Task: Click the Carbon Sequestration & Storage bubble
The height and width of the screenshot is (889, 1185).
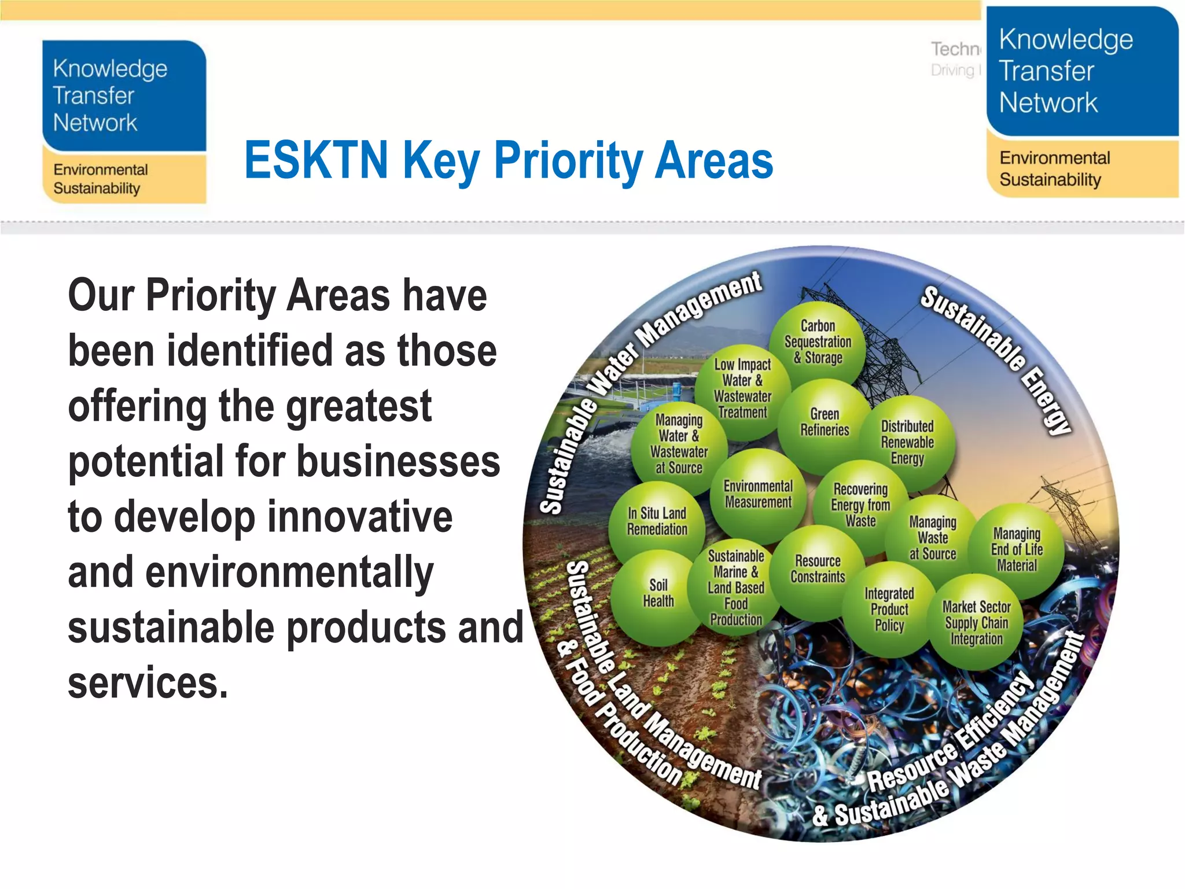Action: click(x=818, y=342)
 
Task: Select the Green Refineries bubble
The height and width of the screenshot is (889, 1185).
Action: click(x=825, y=423)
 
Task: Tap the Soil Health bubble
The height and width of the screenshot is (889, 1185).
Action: click(x=658, y=594)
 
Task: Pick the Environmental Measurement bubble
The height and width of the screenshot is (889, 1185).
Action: click(x=758, y=495)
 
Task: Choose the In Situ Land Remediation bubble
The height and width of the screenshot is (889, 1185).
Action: click(x=657, y=521)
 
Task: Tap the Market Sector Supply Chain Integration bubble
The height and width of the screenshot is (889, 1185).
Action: click(x=976, y=623)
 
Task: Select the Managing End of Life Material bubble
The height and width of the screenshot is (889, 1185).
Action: click(x=1017, y=550)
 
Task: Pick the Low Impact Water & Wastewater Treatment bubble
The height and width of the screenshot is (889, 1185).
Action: click(x=742, y=389)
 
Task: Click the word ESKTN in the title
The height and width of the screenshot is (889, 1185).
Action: click(x=317, y=160)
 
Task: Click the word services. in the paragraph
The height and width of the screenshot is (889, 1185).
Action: click(x=148, y=683)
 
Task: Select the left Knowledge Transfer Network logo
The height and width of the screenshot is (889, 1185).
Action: click(x=124, y=122)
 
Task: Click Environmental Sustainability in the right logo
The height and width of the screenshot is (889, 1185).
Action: click(x=1054, y=168)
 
